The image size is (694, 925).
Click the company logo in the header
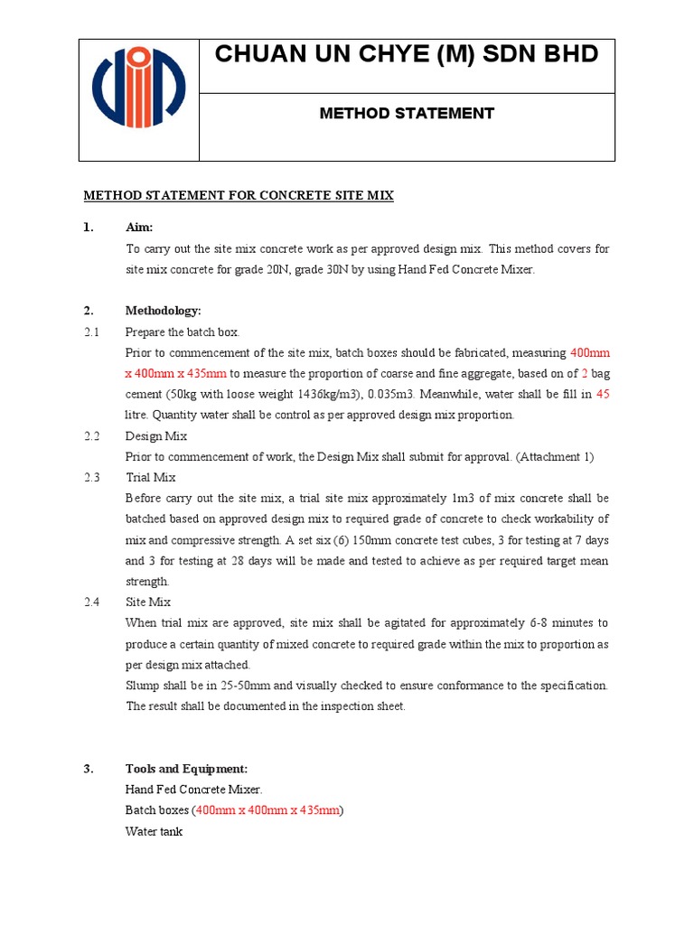tap(138, 100)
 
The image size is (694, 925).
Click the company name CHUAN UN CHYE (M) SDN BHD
tap(407, 55)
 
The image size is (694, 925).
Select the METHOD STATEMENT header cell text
tap(407, 114)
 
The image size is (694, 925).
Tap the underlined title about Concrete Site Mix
tap(239, 195)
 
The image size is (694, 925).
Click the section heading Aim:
tap(139, 228)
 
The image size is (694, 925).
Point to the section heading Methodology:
tap(163, 311)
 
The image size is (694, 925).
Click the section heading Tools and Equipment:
tap(186, 769)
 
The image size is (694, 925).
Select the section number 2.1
tap(92, 332)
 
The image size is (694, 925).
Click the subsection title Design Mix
tap(156, 435)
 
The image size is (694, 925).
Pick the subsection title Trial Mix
tap(151, 477)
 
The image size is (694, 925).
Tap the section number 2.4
tap(92, 602)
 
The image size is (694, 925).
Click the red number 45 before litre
tap(603, 394)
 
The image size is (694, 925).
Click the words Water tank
tap(154, 831)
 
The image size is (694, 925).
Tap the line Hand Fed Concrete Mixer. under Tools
tap(193, 790)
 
